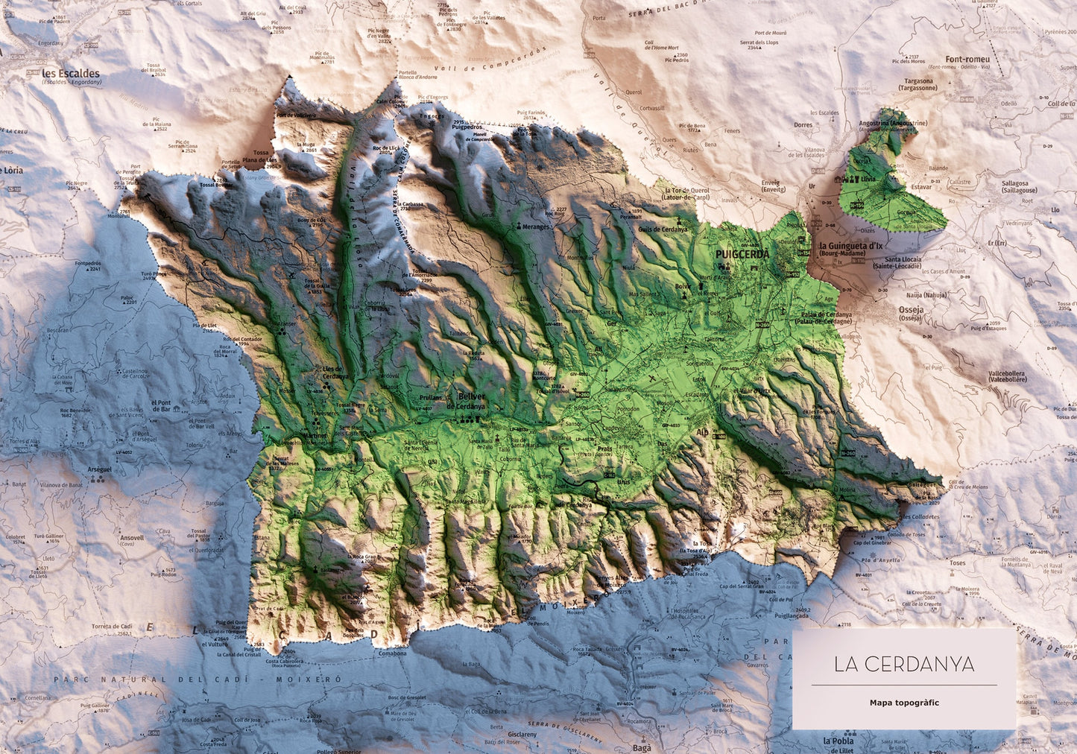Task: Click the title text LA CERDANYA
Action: tap(903, 665)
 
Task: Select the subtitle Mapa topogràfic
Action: tap(903, 703)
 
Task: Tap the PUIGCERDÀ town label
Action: tap(742, 254)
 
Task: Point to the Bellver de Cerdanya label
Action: tap(467, 402)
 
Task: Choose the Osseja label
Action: tap(910, 310)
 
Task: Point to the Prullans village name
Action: tap(430, 398)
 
